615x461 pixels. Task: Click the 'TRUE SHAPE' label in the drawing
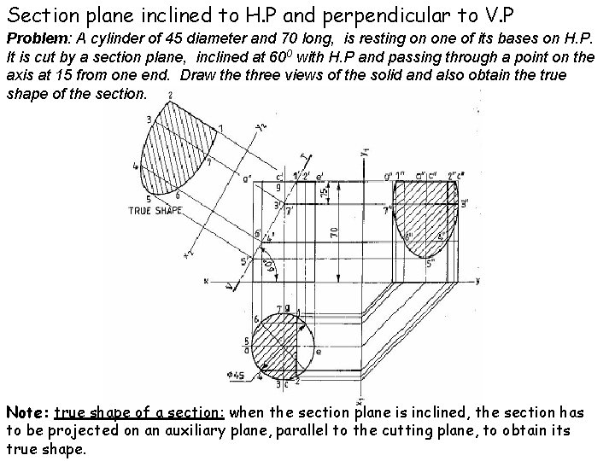tap(155, 209)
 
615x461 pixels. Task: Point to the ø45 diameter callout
tap(234, 373)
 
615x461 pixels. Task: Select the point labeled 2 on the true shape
tap(172, 94)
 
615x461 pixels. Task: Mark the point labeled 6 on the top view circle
tap(256, 318)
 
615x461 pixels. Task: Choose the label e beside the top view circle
tap(319, 351)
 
